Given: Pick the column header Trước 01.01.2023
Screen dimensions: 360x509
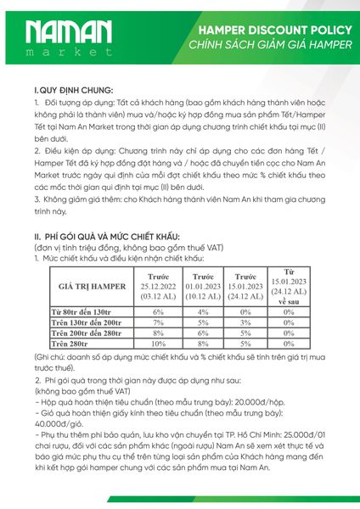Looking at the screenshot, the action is [203, 288].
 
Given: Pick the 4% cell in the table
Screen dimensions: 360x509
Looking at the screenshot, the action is [203, 312].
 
